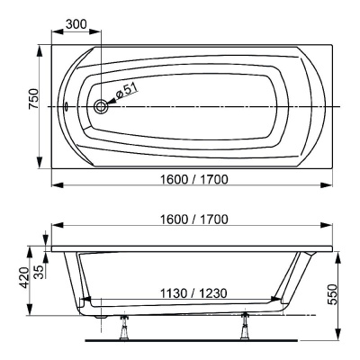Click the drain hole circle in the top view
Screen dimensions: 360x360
click(x=101, y=106)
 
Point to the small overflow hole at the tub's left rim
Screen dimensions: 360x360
click(x=66, y=105)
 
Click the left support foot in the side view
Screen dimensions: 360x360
click(x=122, y=329)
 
